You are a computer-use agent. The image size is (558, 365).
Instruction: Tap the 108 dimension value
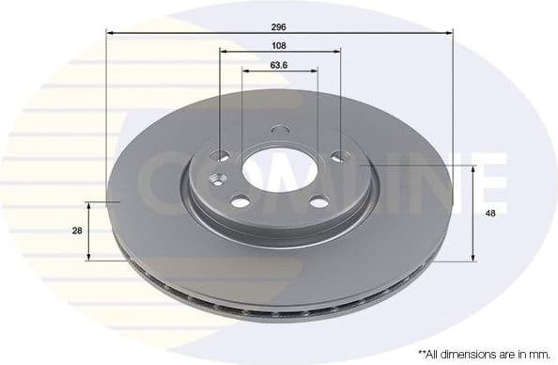(279, 45)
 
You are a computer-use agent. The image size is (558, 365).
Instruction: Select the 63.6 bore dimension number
(279, 66)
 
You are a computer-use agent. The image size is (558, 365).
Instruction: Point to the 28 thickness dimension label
(76, 230)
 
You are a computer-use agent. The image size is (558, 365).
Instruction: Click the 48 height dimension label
(489, 213)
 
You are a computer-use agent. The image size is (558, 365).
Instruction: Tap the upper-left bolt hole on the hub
(222, 156)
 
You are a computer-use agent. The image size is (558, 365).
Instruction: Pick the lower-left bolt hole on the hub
(240, 200)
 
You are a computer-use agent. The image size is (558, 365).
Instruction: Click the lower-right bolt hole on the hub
(319, 200)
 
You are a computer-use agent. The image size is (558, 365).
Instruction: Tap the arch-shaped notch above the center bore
(280, 130)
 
